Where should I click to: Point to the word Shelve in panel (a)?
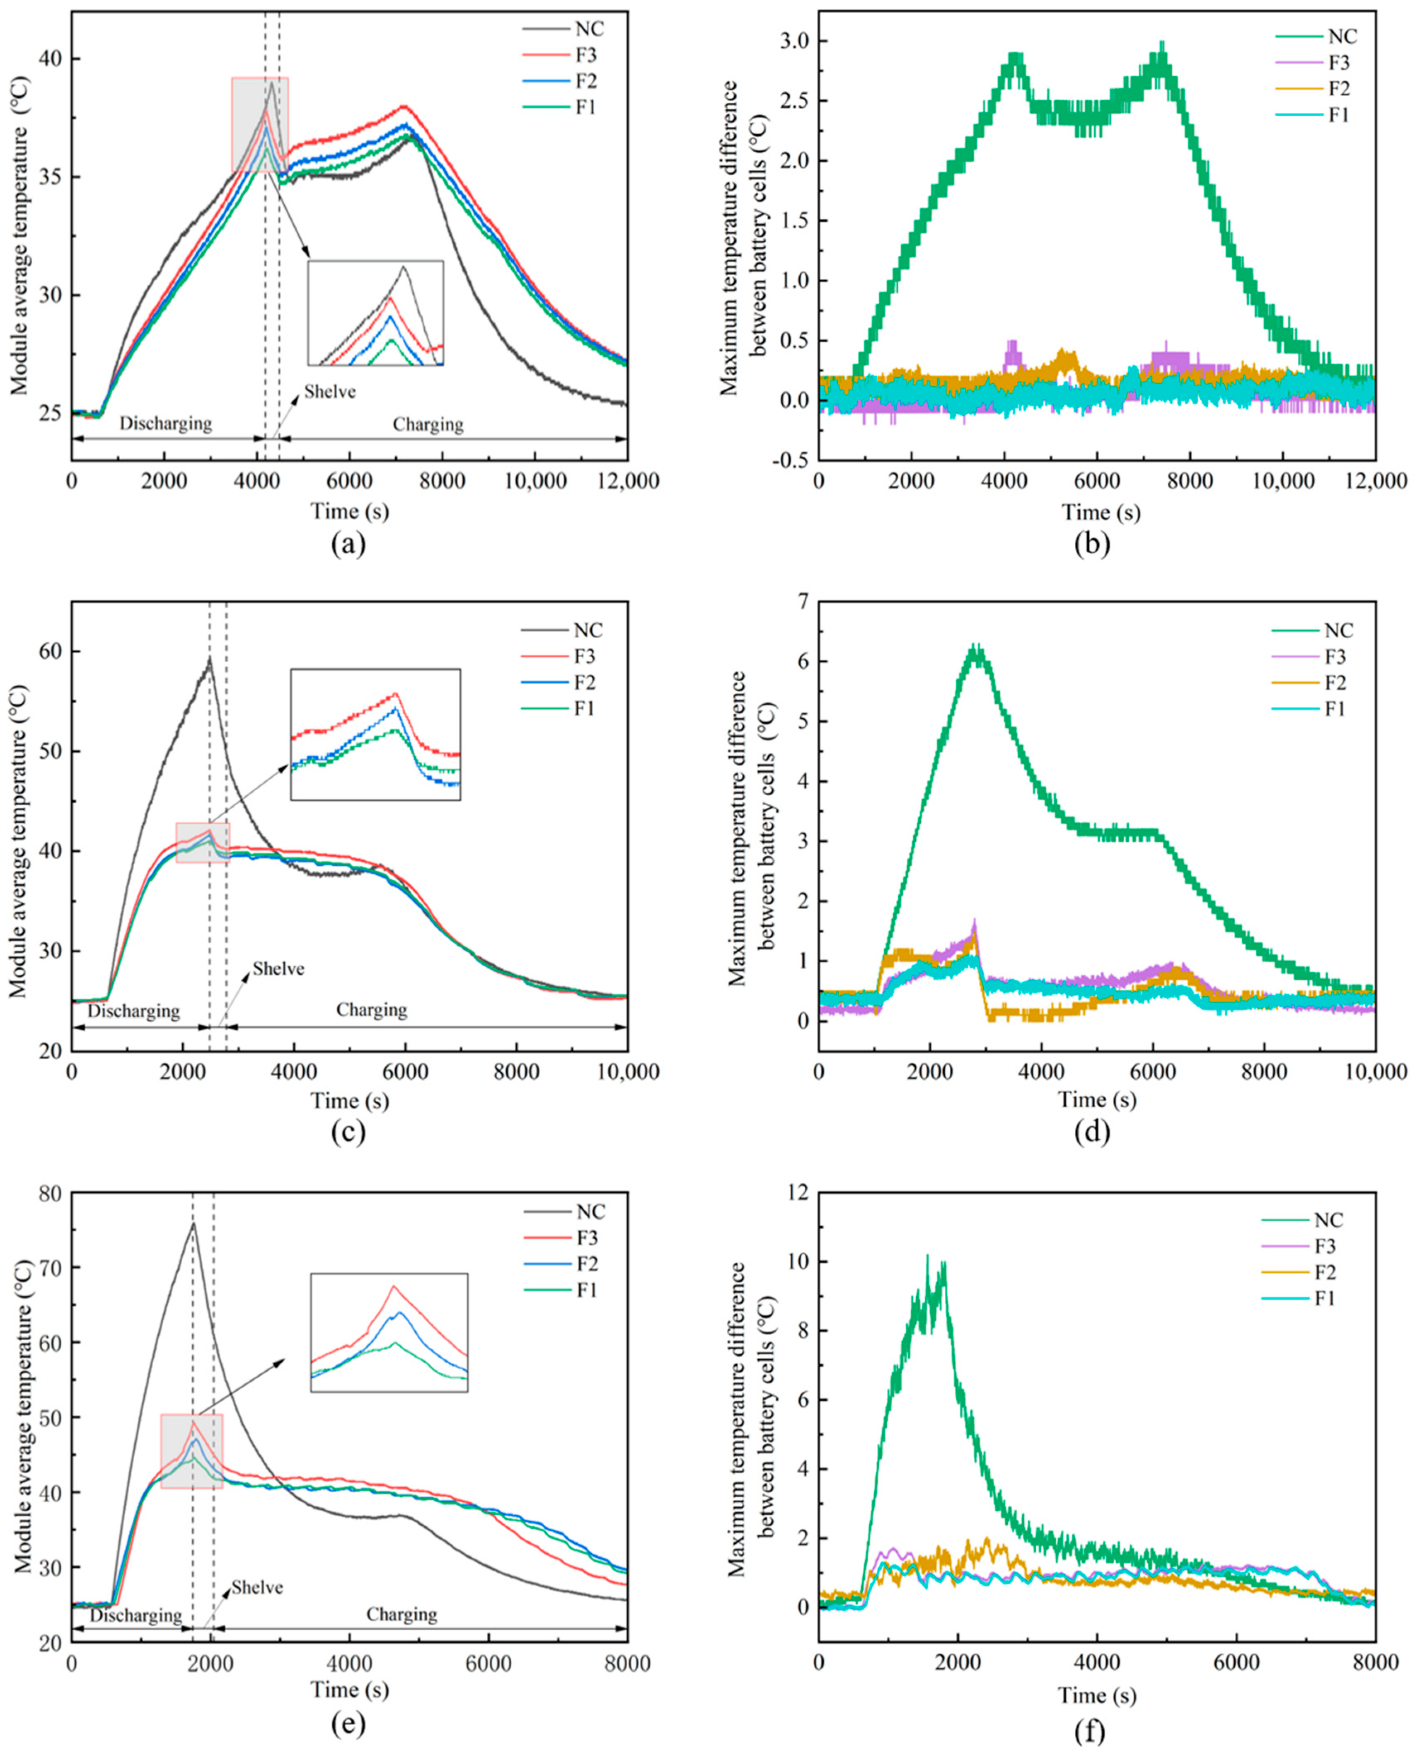tap(330, 391)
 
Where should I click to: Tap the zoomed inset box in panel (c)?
tap(375, 734)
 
